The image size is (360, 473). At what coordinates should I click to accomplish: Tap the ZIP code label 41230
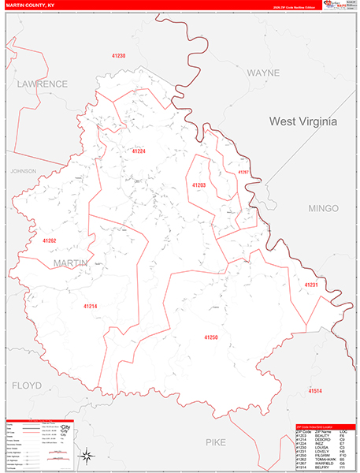point(118,56)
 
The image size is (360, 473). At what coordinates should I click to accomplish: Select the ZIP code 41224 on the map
point(139,151)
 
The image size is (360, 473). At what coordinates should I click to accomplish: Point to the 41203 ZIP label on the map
point(199,184)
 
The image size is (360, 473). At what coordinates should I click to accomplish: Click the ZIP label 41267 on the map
point(243,172)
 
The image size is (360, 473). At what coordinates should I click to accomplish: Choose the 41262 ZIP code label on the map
point(49,240)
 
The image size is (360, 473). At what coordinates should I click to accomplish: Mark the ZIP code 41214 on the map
point(90,305)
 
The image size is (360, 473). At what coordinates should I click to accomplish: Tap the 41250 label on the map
point(210,337)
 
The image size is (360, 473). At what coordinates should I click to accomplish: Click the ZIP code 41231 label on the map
point(310,285)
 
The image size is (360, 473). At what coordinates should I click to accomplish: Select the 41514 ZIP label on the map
point(315,391)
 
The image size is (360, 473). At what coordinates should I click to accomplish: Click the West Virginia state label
point(302,122)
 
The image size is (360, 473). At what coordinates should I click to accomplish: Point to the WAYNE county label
point(263,72)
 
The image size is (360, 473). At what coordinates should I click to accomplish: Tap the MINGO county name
point(323,209)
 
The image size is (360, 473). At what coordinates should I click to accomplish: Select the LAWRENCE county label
point(43,84)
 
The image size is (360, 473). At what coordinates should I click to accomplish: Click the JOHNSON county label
point(24,170)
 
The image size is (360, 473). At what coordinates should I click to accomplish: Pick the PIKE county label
point(215,443)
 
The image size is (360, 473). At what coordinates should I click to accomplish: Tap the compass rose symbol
point(87,454)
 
